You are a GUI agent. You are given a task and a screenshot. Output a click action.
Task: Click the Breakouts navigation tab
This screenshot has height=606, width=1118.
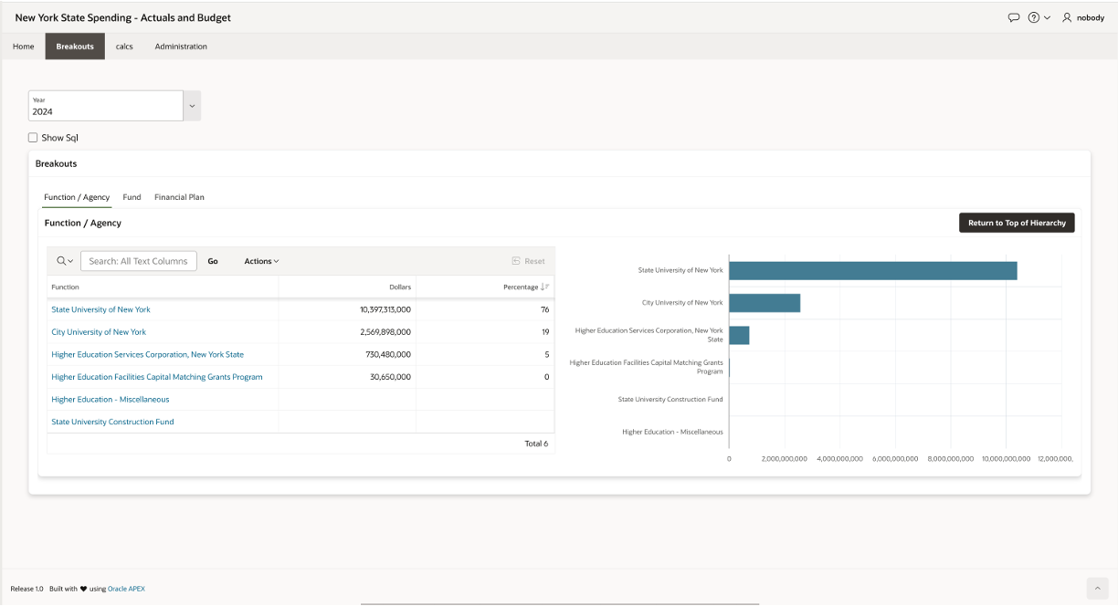coord(75,47)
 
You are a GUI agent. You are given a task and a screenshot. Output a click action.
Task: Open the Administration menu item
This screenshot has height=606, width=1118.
coord(181,47)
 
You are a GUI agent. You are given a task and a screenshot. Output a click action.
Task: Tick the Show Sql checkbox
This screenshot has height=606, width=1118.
coord(33,138)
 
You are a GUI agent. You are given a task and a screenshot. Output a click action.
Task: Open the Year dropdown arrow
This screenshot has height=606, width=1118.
coord(192,106)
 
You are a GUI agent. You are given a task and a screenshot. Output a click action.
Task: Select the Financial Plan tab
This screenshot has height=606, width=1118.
coord(179,197)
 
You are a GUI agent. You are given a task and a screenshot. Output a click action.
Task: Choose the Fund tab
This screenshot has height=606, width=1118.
coord(132,197)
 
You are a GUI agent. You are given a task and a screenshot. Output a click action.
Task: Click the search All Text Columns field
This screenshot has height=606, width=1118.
coord(139,261)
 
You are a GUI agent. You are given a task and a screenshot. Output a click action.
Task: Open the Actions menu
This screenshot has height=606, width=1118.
coord(261,261)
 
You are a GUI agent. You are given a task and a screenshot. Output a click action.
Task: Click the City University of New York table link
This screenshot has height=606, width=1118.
coord(99,332)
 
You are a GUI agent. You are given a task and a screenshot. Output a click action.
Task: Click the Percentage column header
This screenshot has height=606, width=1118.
coord(521,287)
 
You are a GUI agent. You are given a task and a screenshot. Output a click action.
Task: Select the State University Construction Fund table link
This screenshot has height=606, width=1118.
coord(112,422)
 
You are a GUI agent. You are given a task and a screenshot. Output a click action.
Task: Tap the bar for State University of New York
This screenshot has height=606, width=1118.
coord(872,271)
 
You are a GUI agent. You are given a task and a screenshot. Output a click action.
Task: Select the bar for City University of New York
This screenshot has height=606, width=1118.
coord(765,303)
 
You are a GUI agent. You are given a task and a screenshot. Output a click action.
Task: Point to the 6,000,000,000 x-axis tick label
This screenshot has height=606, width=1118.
coord(895,458)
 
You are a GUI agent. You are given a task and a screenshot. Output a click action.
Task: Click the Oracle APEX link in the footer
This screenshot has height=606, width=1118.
coord(126,589)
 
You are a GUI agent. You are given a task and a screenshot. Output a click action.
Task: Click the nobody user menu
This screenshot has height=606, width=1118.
coord(1083,17)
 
